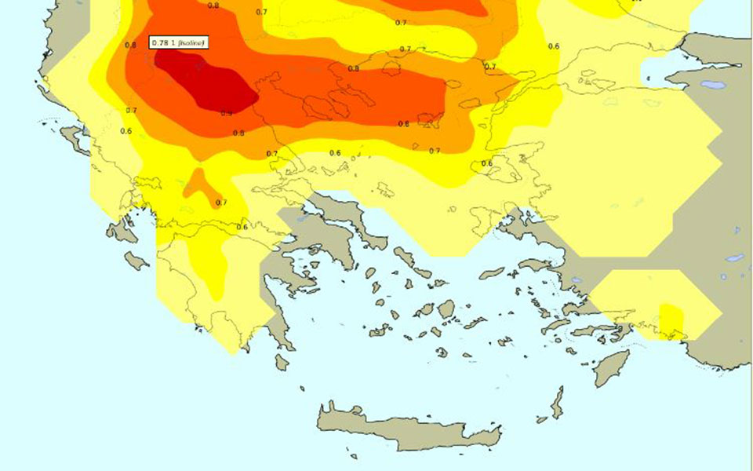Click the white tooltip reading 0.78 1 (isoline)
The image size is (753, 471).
(x=178, y=42)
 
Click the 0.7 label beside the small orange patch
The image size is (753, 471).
(x=221, y=203)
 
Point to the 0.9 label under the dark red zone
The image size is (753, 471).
(x=226, y=114)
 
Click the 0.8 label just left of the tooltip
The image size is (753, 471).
(x=130, y=46)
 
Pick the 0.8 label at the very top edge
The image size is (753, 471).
(x=213, y=5)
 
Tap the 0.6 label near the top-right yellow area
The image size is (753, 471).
(x=554, y=46)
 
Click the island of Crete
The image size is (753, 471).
(x=408, y=428)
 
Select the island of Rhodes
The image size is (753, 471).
(x=612, y=367)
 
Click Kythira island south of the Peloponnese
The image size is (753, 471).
(x=282, y=362)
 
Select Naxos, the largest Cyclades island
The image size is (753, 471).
(x=446, y=309)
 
